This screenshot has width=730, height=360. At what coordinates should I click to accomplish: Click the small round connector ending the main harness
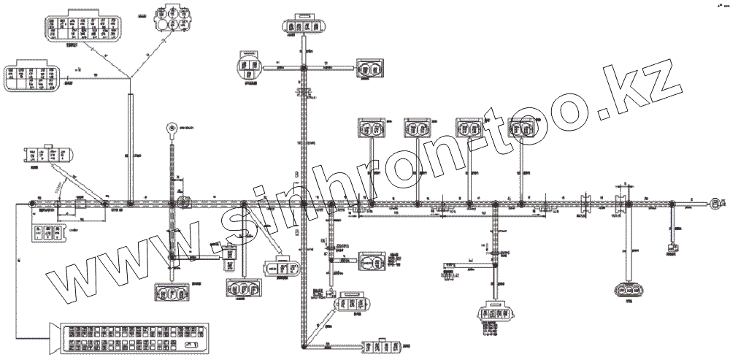tap(717, 202)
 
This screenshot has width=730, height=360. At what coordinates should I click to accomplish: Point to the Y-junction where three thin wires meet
tap(131, 77)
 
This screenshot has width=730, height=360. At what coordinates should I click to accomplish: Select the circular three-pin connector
tap(250, 67)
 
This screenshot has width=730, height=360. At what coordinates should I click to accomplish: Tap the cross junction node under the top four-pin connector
tap(304, 68)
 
